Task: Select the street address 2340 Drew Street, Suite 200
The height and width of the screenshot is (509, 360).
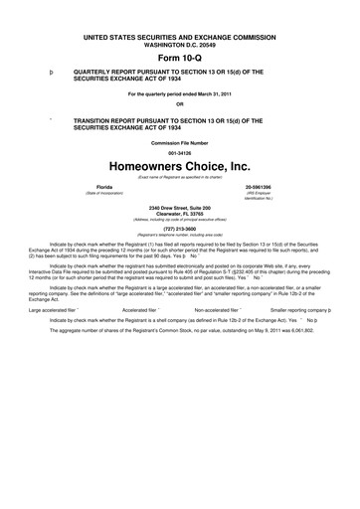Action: click(x=180, y=207)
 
